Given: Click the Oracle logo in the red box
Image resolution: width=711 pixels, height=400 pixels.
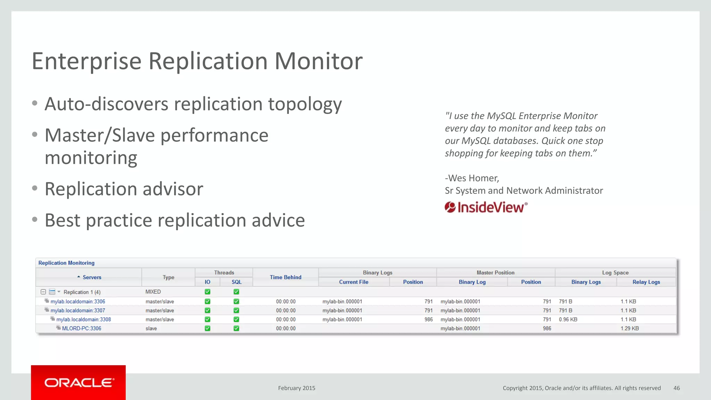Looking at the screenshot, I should pos(79,383).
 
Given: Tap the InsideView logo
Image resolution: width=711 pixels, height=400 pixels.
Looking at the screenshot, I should pos(486,207).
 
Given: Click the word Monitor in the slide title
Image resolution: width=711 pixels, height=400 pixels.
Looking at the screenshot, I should pos(318,61).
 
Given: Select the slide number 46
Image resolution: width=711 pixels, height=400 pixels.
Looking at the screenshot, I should pos(676,388).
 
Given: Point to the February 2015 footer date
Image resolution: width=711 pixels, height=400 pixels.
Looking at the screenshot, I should pos(296,388).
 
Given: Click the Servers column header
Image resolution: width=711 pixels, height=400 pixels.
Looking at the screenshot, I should pos(92,277).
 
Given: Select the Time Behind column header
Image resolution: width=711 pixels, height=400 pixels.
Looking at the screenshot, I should pos(285,277).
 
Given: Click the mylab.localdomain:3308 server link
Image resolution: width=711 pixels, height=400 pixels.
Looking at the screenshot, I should pos(84,319).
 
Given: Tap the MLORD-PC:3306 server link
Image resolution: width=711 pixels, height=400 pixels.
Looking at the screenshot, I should pos(82,328).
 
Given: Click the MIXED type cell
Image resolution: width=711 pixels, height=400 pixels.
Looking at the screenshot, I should pos(153,292).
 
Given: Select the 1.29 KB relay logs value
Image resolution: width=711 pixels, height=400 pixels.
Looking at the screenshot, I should pos(629,328).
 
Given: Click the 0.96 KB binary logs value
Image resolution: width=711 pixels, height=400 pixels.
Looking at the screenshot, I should pos(568,319).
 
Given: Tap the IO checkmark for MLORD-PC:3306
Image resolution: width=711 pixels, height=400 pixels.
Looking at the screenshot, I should pos(208,328).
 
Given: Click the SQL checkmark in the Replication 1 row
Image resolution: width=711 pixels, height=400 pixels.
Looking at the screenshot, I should pos(236,292).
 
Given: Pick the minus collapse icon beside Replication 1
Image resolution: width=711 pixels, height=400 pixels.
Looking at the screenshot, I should pos(43,292).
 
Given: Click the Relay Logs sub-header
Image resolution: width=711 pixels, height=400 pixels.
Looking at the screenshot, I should pos(646,282).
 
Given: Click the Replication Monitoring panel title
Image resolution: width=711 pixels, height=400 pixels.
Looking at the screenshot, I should pos(66,263).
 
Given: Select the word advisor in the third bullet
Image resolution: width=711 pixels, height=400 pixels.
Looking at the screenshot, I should pos(173,189).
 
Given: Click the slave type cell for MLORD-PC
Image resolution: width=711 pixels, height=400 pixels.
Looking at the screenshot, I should pos(151,328).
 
